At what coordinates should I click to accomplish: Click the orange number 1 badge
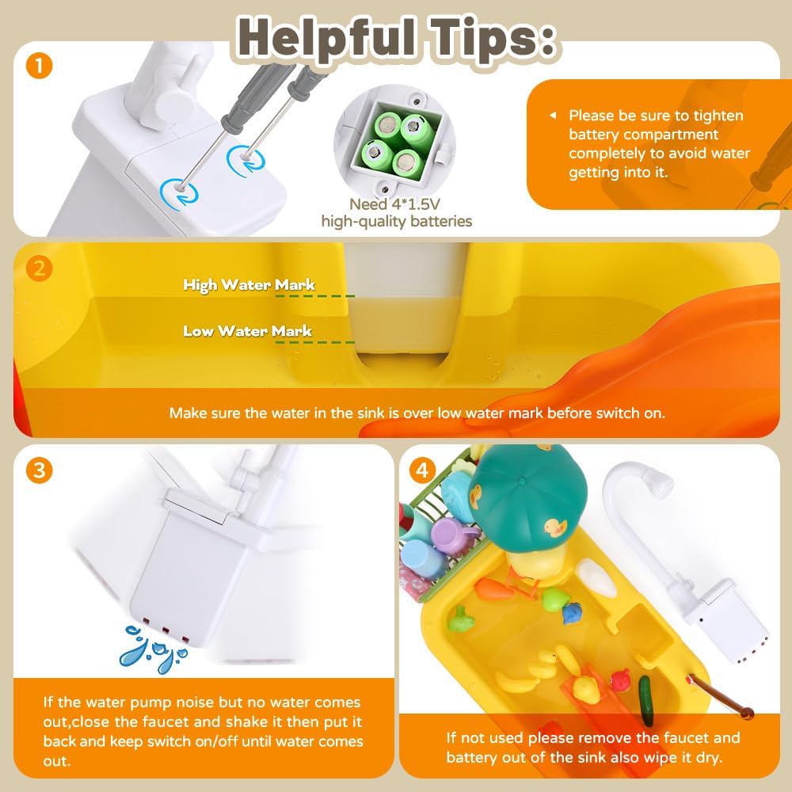39,66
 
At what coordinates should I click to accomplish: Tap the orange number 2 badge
39,268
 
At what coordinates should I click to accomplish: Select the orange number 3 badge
39,470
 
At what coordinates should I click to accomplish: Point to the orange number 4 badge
422,470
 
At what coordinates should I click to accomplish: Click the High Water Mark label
249,285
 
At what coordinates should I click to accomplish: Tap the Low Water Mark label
247,331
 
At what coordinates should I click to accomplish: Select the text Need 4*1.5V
395,204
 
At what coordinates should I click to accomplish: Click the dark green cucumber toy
645,699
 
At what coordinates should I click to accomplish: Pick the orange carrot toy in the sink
494,589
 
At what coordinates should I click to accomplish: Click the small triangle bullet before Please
553,116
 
